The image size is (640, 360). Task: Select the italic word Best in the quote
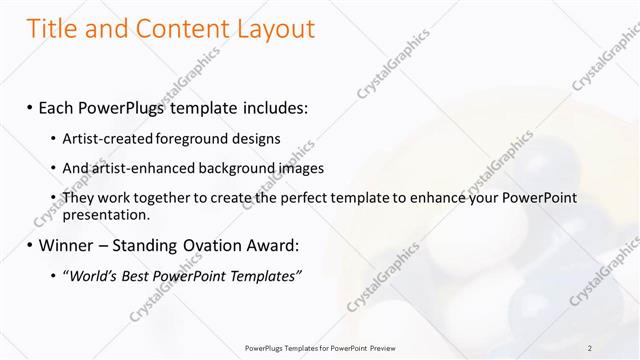pos(141,276)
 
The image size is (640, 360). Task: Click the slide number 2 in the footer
pos(590,347)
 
